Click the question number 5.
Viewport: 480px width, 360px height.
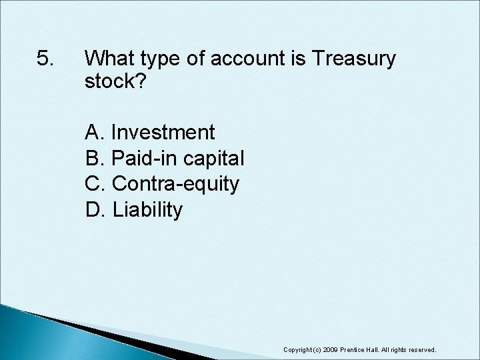click(x=45, y=59)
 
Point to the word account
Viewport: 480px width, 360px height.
click(x=250, y=59)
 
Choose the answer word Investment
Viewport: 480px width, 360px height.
click(x=163, y=132)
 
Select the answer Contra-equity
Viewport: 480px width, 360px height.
click(x=176, y=184)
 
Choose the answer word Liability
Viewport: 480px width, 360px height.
click(x=147, y=210)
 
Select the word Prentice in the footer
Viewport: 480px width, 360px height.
click(x=354, y=349)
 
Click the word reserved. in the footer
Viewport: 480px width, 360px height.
click(x=421, y=349)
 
